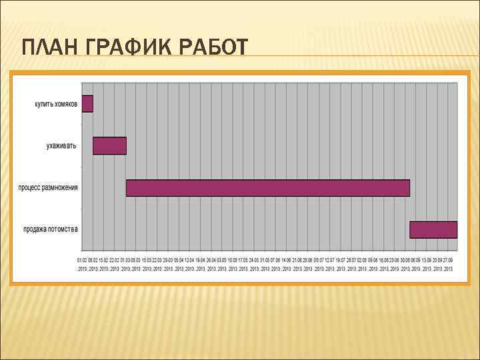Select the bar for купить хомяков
(87, 103)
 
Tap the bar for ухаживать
(109, 145)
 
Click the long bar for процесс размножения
(267, 187)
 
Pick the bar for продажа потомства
(433, 229)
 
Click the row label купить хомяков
(56, 104)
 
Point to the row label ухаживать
(61, 145)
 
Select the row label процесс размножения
(48, 187)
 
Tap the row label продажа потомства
(51, 229)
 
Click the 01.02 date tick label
(83, 260)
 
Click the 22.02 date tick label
(115, 260)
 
